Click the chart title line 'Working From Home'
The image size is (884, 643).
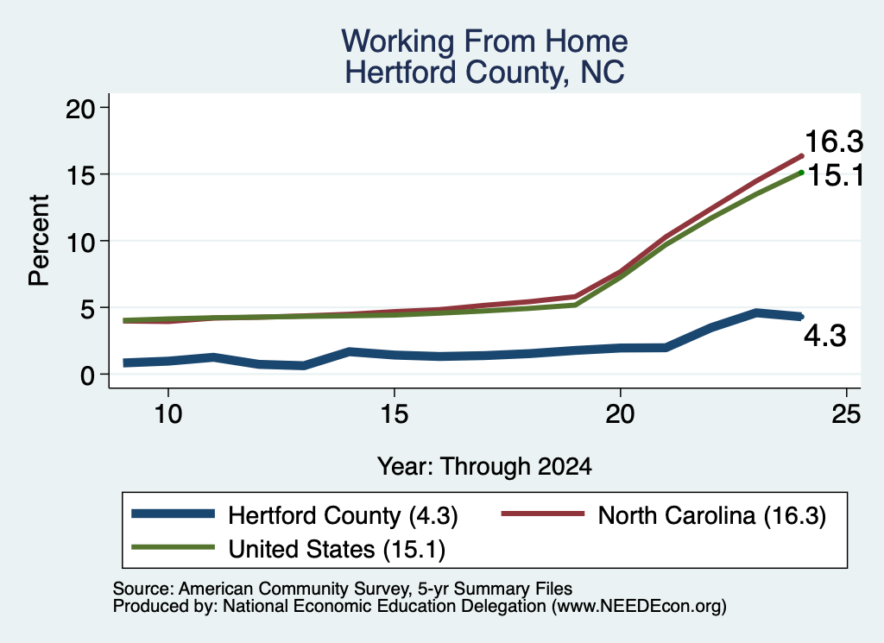click(x=484, y=41)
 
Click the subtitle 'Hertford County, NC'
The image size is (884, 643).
click(x=484, y=72)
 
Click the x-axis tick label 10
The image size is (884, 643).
click(x=168, y=414)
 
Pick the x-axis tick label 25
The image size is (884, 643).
click(x=846, y=414)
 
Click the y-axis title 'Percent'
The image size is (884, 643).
click(x=39, y=241)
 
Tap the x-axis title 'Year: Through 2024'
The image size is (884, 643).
click(x=484, y=467)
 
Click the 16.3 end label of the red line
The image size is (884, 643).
click(x=834, y=141)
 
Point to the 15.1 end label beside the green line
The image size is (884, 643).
click(x=836, y=176)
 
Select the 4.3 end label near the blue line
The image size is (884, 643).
click(x=824, y=337)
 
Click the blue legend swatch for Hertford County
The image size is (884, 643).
click(x=173, y=514)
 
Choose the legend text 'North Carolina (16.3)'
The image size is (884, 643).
click(x=711, y=515)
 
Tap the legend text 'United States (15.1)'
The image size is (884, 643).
click(x=337, y=550)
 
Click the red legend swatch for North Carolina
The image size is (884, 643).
click(x=543, y=514)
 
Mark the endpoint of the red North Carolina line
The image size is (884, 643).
click(x=801, y=155)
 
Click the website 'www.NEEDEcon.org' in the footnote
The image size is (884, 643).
click(x=639, y=607)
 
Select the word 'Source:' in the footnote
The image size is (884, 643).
click(x=143, y=589)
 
